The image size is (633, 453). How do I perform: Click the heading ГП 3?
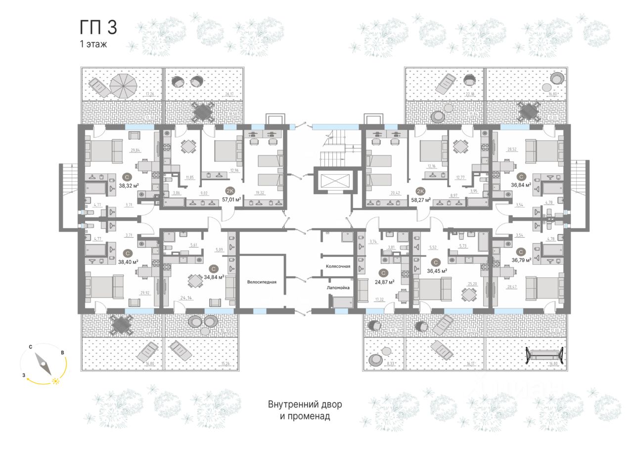click(x=98, y=28)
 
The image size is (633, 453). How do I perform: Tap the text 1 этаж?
click(x=93, y=44)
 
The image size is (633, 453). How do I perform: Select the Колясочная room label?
click(x=338, y=266)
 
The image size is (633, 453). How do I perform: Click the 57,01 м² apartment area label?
click(x=231, y=200)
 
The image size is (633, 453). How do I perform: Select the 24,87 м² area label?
click(x=384, y=282)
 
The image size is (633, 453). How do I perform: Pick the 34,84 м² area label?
click(x=214, y=277)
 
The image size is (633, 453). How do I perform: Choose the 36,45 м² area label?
click(x=437, y=271)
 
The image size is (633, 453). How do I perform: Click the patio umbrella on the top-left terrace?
click(x=123, y=85)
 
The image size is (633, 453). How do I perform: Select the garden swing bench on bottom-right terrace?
click(x=544, y=355)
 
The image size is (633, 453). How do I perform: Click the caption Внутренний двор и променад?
click(x=305, y=410)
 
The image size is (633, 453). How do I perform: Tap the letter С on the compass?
click(x=31, y=348)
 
